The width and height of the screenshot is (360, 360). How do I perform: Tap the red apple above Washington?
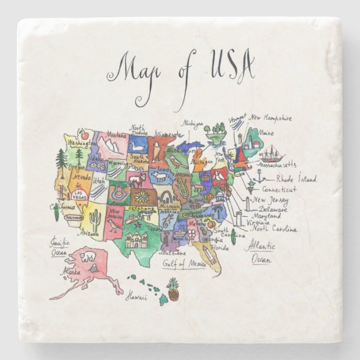pos(84,135)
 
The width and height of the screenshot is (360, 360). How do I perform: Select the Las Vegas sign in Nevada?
pos(79,195)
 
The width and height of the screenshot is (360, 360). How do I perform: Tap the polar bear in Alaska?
pos(87,258)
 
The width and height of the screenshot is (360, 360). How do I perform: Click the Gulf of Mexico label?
pos(184,263)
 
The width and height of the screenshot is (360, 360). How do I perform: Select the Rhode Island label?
pos(296,179)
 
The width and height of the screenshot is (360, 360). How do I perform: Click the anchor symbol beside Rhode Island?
pos(258,177)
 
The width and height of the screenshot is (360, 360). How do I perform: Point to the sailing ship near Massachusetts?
pos(272,154)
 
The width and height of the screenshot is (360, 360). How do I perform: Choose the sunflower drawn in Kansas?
pos(142,197)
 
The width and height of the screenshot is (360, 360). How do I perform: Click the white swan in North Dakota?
pos(137,147)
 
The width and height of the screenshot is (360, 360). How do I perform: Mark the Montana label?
pos(116,135)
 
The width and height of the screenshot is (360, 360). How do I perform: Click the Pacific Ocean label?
pos(59,247)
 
